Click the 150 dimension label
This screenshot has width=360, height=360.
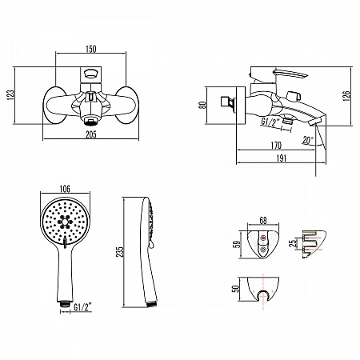(x=90, y=49)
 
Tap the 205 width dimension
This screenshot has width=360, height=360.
(x=90, y=134)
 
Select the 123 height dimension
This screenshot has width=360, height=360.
(x=10, y=95)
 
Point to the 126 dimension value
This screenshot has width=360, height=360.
(x=346, y=96)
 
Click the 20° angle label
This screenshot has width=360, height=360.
(x=308, y=140)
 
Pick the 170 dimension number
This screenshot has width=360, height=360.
(x=276, y=146)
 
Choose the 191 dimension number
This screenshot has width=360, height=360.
(x=281, y=158)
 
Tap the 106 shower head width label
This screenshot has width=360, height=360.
(x=65, y=189)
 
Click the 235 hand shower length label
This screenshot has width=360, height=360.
(x=121, y=252)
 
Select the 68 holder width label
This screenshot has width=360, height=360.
(x=263, y=221)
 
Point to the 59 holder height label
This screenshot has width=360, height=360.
(x=237, y=244)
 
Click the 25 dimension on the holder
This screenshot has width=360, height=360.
(x=293, y=243)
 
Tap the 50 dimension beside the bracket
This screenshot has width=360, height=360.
(x=235, y=289)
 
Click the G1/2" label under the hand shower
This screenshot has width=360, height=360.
(x=82, y=308)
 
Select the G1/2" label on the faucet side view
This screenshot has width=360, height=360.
(x=270, y=122)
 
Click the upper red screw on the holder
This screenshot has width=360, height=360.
(x=263, y=238)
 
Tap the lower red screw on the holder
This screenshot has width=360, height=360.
(x=263, y=250)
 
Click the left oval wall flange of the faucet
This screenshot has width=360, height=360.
(x=55, y=105)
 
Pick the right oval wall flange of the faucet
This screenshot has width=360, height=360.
(x=127, y=105)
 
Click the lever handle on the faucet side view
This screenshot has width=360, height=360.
(x=290, y=74)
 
